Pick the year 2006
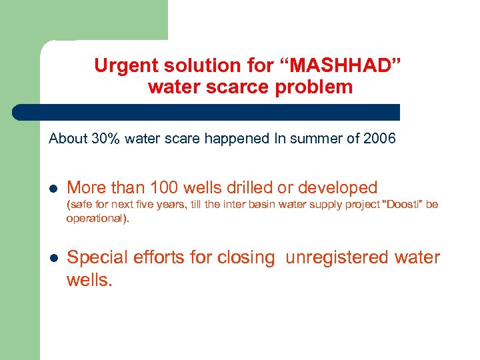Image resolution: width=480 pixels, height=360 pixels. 380,139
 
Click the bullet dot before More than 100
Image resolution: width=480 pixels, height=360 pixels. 53,189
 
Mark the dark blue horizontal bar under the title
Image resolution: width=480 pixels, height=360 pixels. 207,112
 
